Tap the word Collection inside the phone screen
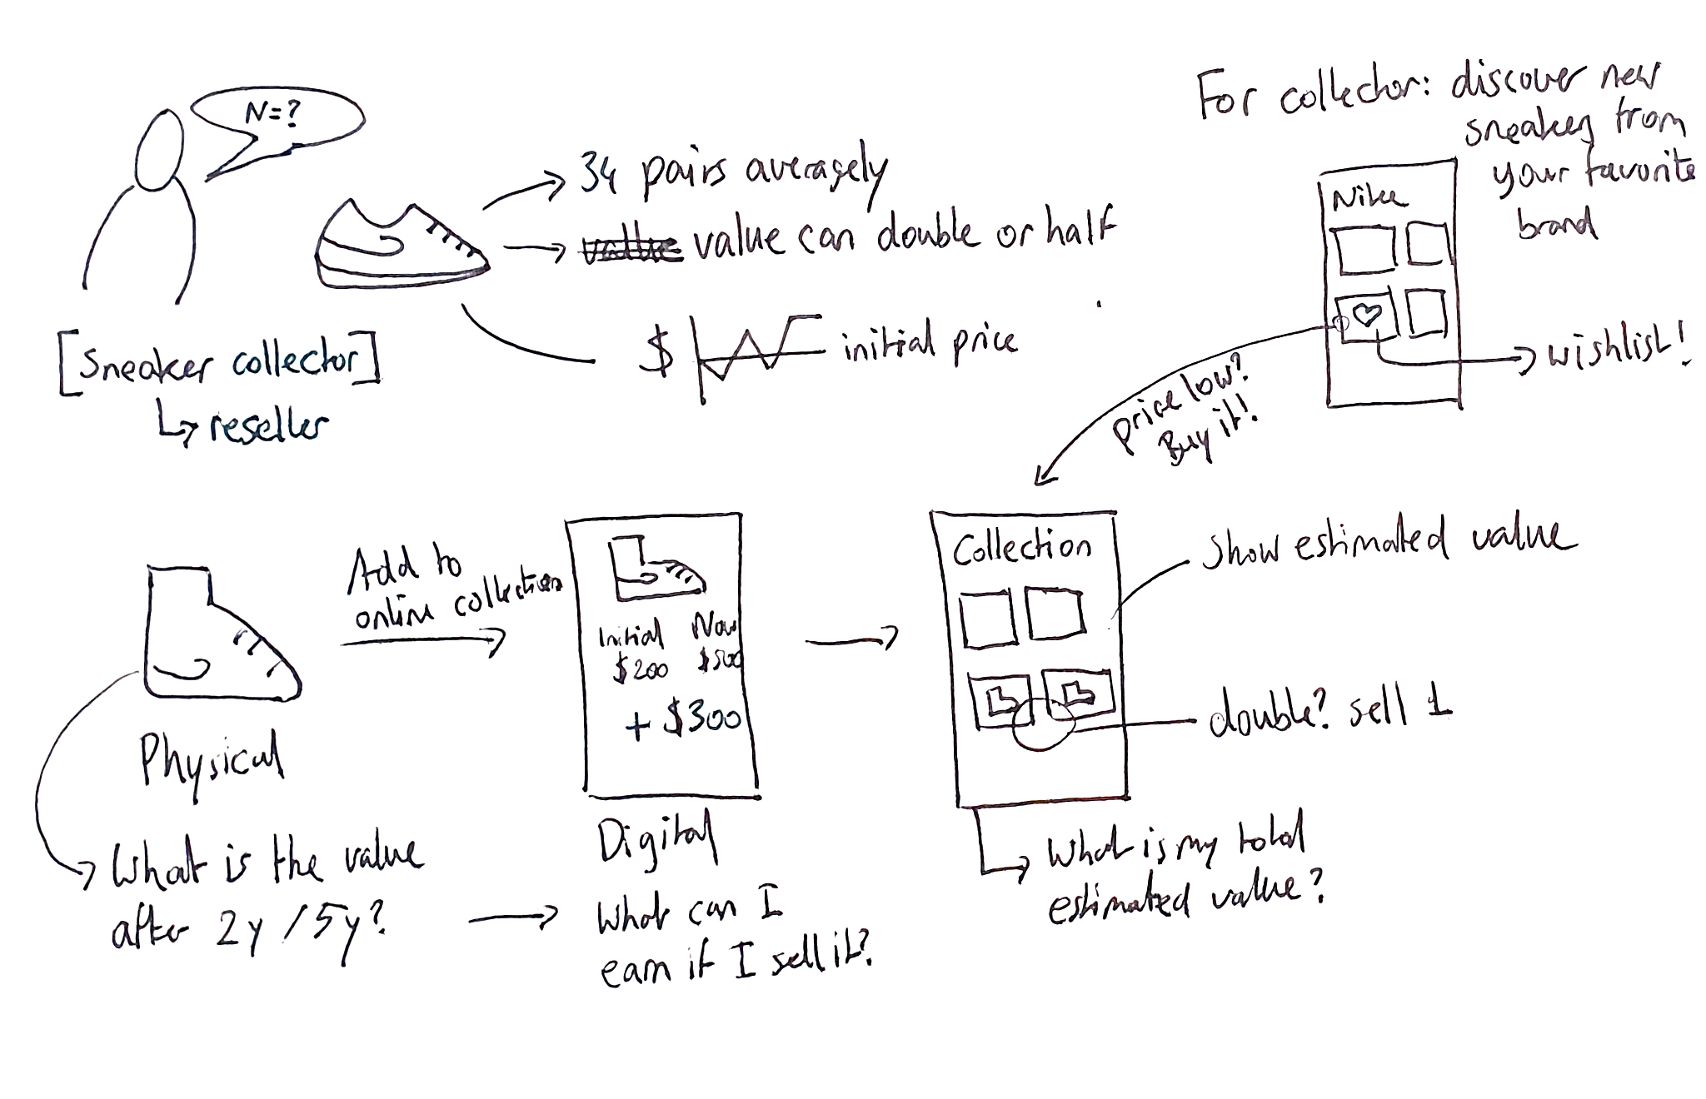pyautogui.click(x=1021, y=546)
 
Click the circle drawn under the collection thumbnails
pyautogui.click(x=1042, y=724)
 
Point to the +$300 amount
pyautogui.click(x=683, y=721)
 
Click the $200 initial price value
pyautogui.click(x=640, y=669)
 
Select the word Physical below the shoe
pyautogui.click(x=212, y=759)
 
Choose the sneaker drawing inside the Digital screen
pyautogui.click(x=656, y=569)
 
